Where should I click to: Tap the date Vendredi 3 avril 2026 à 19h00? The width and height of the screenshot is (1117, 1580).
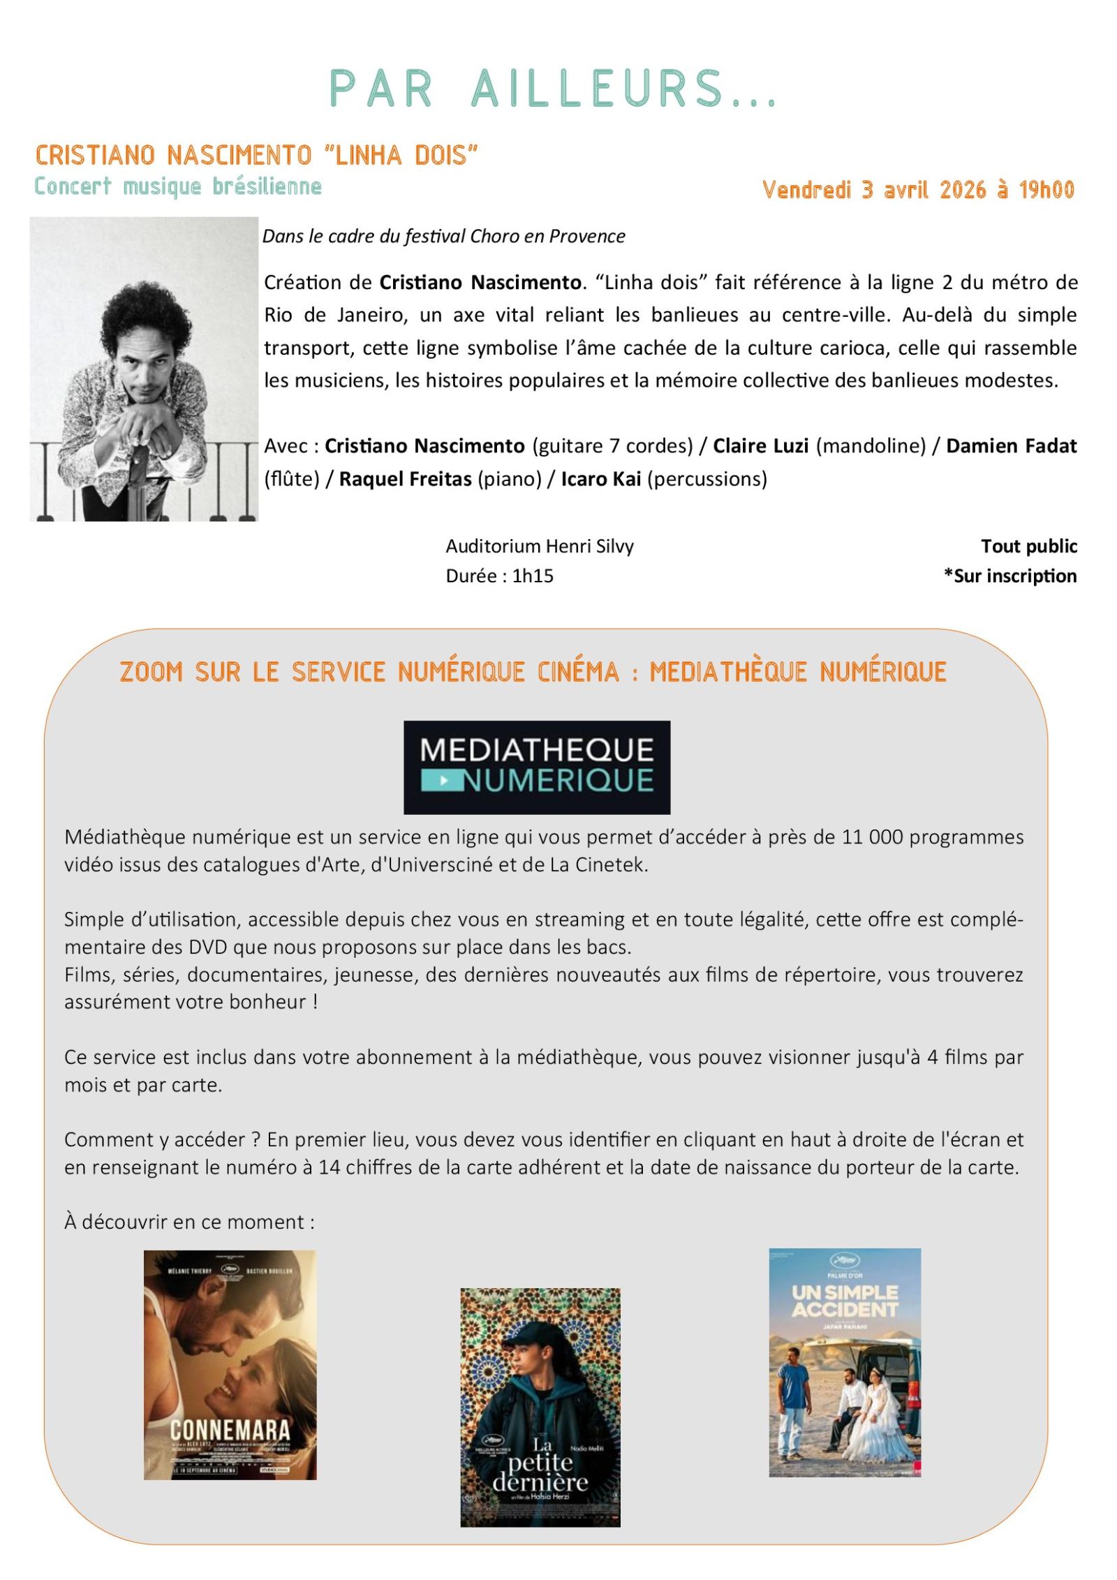coord(917,189)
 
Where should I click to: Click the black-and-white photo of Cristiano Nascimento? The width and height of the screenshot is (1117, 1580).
coord(143,369)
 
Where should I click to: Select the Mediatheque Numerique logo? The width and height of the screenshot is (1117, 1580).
coord(536,767)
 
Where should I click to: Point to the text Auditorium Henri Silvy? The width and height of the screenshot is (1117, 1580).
coord(539,546)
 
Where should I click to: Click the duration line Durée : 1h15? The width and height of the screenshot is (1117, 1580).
coord(499,576)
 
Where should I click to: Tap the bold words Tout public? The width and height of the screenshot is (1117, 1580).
coord(1028,546)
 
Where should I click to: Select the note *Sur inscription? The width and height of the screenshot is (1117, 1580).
coord(1009,576)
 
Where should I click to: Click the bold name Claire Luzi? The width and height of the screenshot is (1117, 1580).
coord(760,445)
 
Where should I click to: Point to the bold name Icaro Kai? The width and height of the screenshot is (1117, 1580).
coord(600,479)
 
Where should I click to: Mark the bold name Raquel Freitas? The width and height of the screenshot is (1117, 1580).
coord(405,479)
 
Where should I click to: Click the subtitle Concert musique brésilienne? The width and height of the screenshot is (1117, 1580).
coord(178,186)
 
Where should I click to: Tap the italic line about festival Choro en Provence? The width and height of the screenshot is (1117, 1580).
coord(443,236)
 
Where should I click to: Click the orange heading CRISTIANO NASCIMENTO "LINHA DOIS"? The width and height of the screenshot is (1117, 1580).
coord(256,155)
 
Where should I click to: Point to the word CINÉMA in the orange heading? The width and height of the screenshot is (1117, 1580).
coord(578,672)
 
